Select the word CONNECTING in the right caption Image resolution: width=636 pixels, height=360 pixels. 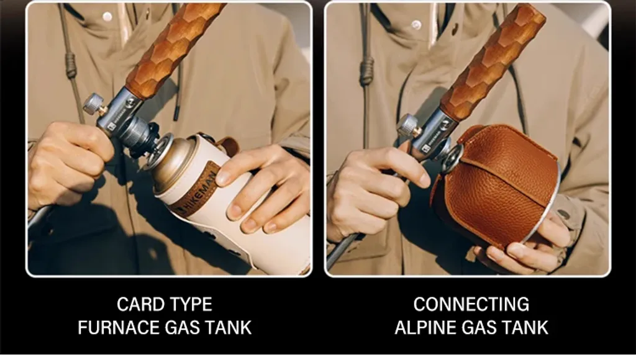tap(471, 305)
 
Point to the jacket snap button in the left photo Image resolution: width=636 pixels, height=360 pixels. tap(107, 17)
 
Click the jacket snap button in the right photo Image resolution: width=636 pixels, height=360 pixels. tap(416, 24)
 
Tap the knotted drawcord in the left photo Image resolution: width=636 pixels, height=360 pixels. tap(71, 65)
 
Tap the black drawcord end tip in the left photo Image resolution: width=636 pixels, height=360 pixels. tap(176, 113)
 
